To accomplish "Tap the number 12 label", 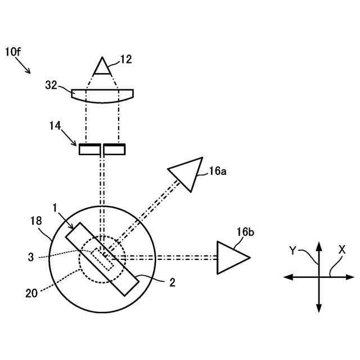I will point(127,58).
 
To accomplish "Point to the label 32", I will point(52,85).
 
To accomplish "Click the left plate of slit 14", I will point(89,150).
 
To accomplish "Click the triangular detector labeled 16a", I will point(186,172).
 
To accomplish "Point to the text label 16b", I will point(246,232).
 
